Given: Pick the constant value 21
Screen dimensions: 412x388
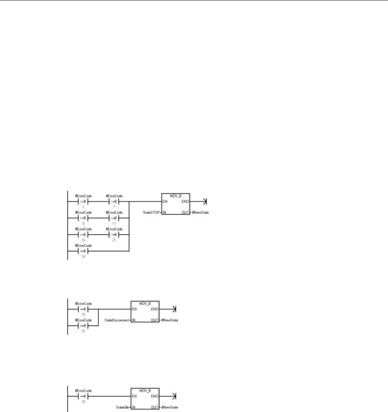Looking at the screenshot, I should [114, 241].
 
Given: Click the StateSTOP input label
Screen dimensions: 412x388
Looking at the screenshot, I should [150, 212].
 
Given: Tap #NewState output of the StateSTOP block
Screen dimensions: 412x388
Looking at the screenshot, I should [203, 212].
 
